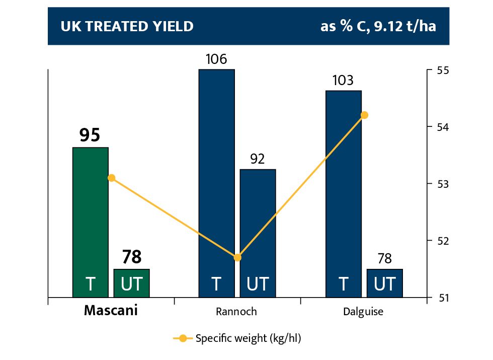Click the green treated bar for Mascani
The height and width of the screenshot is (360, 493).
coord(91,222)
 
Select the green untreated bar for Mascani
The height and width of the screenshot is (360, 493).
coord(132,283)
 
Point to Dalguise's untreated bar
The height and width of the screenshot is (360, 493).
coord(385,283)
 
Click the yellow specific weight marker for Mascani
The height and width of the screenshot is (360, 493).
coord(112,178)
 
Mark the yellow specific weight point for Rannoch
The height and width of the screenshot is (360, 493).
coord(238,258)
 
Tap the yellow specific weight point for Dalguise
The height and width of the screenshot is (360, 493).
coord(365,115)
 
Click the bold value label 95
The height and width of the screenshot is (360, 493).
coord(90,135)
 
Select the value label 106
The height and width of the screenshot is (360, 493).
coord(216,59)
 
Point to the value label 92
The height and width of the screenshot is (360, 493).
coord(258,160)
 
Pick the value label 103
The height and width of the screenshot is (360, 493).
coord(343,81)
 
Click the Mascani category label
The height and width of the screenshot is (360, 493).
coord(111,311)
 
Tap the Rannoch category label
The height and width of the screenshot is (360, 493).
coord(237,312)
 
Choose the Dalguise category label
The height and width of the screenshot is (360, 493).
coord(363,312)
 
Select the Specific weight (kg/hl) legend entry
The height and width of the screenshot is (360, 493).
coord(237,338)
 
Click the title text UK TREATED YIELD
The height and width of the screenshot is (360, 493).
coord(127,27)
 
